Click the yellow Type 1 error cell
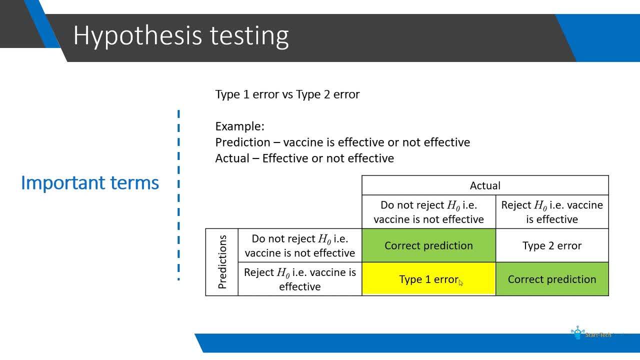[428, 279]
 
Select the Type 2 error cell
[552, 245]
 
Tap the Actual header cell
[485, 185]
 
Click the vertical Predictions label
[222, 262]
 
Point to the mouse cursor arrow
[461, 283]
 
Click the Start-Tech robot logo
[577, 332]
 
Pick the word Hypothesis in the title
[137, 35]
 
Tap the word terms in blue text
[134, 183]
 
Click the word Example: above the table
[239, 126]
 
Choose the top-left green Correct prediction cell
[428, 245]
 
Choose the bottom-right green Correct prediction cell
[552, 279]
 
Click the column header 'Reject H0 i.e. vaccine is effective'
[552, 212]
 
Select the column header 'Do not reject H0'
[428, 212]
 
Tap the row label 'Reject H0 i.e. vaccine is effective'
[300, 279]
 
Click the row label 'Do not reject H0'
[300, 245]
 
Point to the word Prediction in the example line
[242, 142]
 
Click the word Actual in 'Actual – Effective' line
[232, 158]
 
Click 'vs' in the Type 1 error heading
[287, 94]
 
